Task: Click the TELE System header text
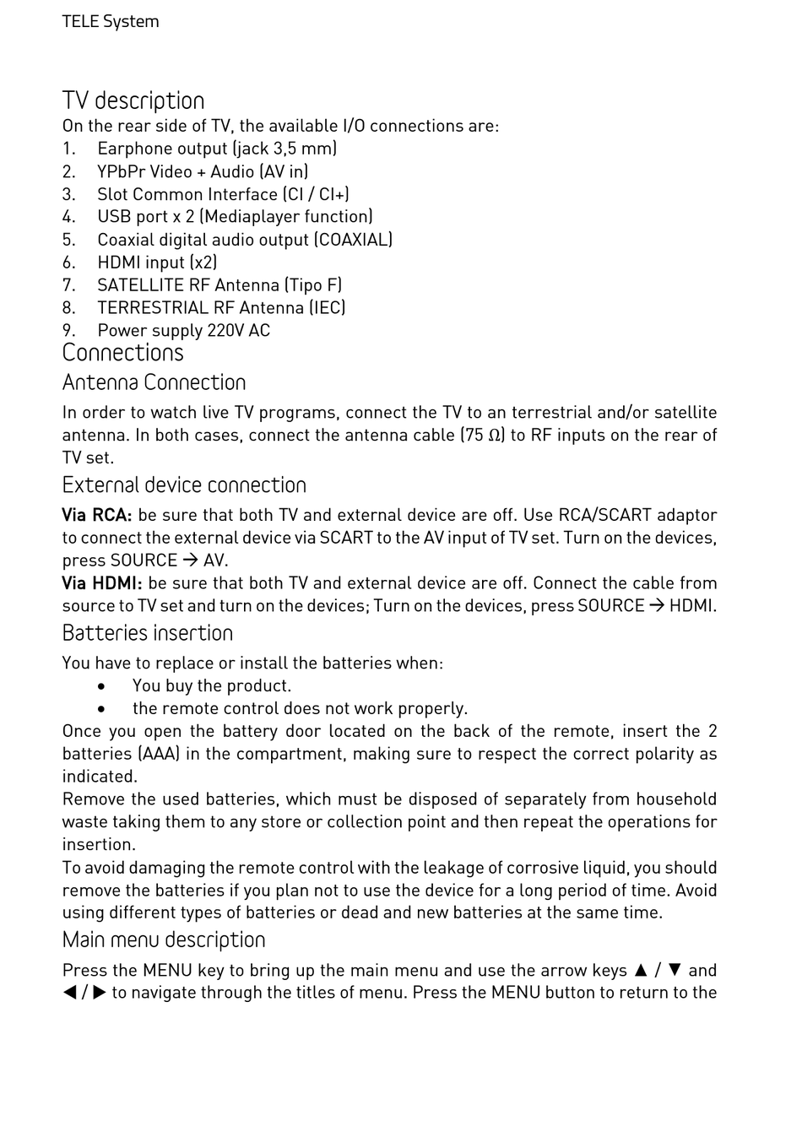(110, 21)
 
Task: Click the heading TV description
(133, 100)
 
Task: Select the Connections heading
(122, 352)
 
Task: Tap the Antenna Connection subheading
(154, 382)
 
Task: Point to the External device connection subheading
(184, 485)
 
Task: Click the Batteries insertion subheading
(147, 633)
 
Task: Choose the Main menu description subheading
(163, 940)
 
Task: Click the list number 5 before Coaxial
(68, 240)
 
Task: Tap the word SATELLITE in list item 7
(140, 285)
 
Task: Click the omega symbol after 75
(496, 436)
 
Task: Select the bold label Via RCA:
(96, 515)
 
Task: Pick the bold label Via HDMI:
(101, 583)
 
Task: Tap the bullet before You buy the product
(101, 686)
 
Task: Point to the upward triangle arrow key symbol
(641, 971)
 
